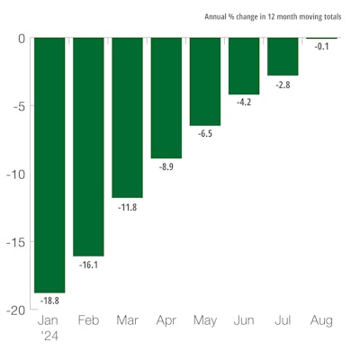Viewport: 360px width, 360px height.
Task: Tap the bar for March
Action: [x=127, y=117]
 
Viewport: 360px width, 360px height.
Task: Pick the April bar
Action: [x=166, y=98]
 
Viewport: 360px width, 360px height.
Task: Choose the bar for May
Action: [x=204, y=82]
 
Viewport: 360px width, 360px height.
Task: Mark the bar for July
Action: [x=283, y=57]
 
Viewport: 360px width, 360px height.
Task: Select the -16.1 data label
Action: [x=88, y=265]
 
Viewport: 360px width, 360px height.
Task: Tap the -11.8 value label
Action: [x=127, y=206]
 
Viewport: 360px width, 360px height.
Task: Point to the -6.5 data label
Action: [x=204, y=134]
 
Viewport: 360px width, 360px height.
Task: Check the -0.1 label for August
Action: [x=321, y=48]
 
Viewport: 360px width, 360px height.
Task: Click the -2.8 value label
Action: [x=283, y=84]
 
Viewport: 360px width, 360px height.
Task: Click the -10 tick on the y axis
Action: [x=15, y=174]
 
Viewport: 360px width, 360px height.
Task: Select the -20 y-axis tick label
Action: [x=15, y=310]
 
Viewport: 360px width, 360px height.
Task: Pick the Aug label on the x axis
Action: [x=321, y=320]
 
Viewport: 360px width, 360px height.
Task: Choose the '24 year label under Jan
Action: [x=49, y=335]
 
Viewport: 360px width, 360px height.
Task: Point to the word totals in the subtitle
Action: [x=329, y=16]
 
